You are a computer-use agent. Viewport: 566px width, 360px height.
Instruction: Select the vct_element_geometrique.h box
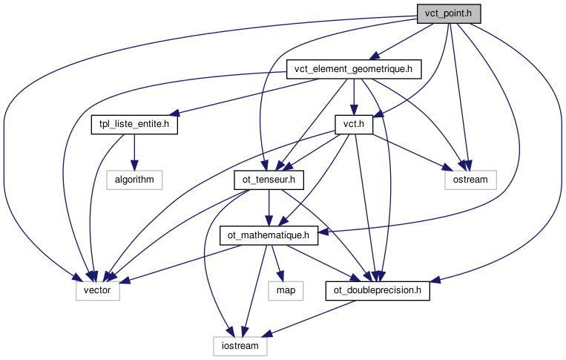(x=354, y=69)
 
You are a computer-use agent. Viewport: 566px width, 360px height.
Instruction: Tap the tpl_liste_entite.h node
(x=134, y=124)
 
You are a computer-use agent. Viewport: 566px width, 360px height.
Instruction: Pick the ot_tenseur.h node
(x=264, y=179)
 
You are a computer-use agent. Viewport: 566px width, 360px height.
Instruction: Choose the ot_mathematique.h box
(x=269, y=235)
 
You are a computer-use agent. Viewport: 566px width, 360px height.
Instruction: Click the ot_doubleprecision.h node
(x=378, y=290)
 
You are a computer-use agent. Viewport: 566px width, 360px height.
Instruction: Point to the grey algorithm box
(x=134, y=179)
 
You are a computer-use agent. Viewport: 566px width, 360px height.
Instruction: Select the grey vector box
(x=97, y=290)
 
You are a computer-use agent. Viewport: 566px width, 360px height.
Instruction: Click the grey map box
(x=286, y=290)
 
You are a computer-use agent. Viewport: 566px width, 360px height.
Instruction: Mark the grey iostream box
(x=240, y=345)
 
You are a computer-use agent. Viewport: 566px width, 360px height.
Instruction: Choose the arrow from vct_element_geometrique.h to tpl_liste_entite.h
(x=245, y=96)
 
